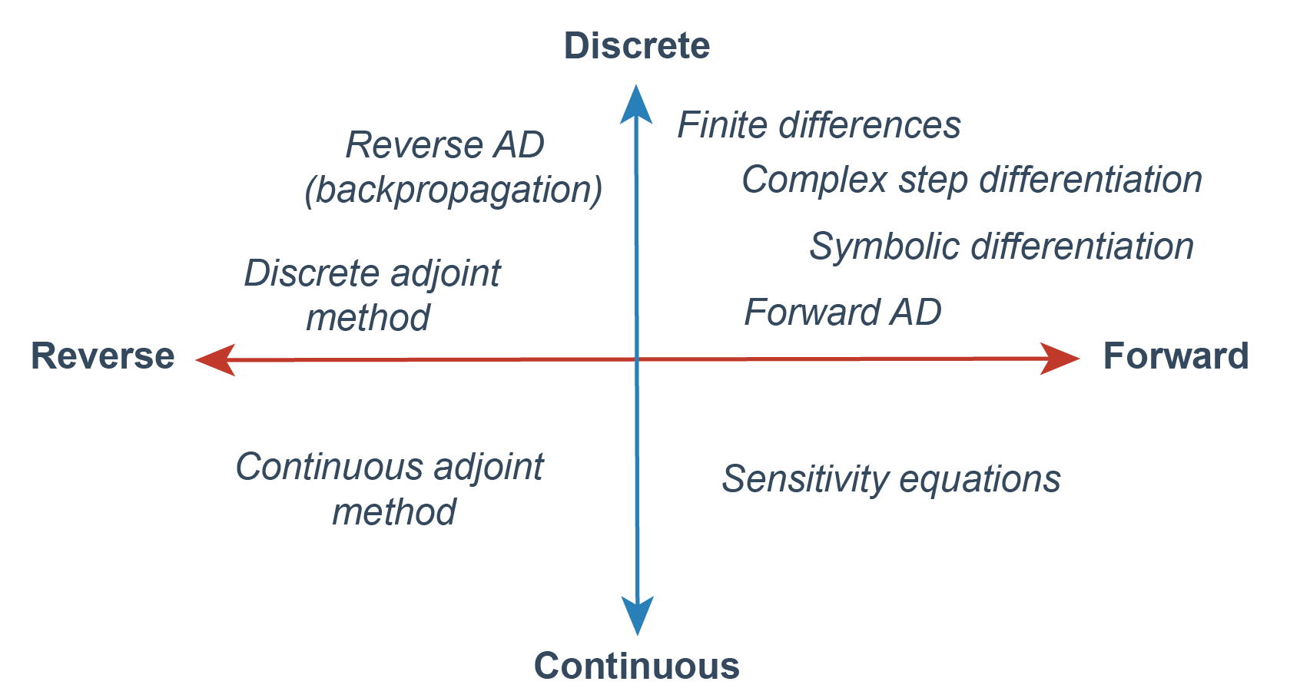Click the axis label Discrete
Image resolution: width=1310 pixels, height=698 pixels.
tap(636, 46)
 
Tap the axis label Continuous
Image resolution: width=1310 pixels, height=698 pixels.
tap(636, 666)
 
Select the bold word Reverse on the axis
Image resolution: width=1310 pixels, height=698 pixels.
tap(102, 356)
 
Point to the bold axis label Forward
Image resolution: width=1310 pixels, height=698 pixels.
tap(1176, 356)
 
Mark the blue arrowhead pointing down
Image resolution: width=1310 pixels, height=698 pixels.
tap(637, 614)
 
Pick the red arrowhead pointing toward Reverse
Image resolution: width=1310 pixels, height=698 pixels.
tap(216, 359)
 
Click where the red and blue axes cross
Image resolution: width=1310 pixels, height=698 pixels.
tap(637, 359)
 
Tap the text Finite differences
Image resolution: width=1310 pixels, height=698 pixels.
tap(818, 125)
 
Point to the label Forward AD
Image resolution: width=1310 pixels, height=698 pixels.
tap(843, 313)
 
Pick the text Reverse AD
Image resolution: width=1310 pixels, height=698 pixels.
tap(445, 145)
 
